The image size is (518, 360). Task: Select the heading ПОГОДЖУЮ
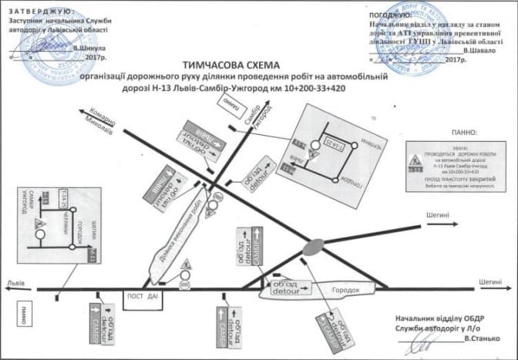(390, 15)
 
